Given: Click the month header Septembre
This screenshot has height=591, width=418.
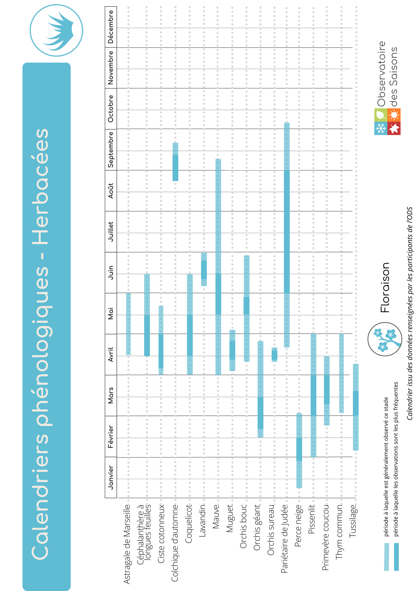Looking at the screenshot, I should [x=111, y=150].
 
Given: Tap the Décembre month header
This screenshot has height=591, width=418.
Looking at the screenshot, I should [x=111, y=27].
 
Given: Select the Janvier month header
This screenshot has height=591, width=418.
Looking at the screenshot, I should [x=111, y=477].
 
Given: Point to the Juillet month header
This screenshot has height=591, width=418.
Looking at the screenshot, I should [x=111, y=232].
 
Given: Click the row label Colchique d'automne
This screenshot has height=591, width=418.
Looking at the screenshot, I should [x=175, y=543].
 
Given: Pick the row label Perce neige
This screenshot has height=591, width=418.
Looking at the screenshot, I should [x=299, y=525].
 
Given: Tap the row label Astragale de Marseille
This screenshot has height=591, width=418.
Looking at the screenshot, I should [x=127, y=544].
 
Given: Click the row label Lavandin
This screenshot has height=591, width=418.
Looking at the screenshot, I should [x=202, y=520].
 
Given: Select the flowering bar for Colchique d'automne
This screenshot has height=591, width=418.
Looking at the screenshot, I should [x=175, y=162].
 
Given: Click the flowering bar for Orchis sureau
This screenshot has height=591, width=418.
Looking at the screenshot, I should [x=274, y=355].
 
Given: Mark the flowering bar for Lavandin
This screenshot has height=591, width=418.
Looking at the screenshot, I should [x=204, y=269].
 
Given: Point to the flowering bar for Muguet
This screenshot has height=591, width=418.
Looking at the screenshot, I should [x=232, y=350].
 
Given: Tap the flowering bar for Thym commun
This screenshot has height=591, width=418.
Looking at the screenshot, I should [x=341, y=373].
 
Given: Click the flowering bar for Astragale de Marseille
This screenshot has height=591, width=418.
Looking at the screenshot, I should [x=128, y=324].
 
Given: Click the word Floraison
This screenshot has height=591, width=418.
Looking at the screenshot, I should [x=385, y=288].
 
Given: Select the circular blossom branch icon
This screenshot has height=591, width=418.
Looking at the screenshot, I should [x=385, y=339].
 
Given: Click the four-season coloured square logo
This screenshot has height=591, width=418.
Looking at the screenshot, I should [x=387, y=122].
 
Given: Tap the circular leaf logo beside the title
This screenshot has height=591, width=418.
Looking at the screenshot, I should [x=56, y=30].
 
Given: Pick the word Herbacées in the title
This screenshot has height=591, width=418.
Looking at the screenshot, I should [x=40, y=187].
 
